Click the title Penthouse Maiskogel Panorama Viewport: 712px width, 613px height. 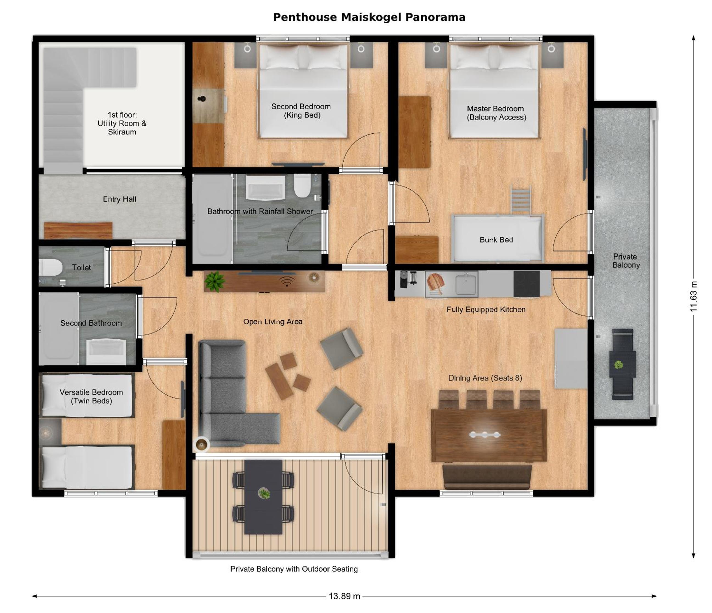[x=369, y=17]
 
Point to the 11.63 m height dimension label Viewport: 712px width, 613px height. [x=694, y=296]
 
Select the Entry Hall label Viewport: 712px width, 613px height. [x=119, y=199]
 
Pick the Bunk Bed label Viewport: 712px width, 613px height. [x=496, y=240]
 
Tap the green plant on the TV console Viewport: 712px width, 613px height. [x=215, y=282]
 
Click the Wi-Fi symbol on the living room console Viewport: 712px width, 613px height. [x=287, y=281]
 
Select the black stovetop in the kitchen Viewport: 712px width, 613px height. [x=526, y=284]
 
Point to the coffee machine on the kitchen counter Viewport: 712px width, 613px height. [x=408, y=279]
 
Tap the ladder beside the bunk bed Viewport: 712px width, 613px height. [x=521, y=200]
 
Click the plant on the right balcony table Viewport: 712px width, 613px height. [x=619, y=365]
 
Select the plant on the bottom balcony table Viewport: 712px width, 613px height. [x=264, y=494]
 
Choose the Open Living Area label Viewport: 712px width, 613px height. [x=273, y=322]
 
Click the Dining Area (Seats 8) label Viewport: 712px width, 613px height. [x=485, y=378]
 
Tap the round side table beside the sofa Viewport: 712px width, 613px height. [x=201, y=444]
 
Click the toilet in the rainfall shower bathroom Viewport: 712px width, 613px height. [x=302, y=186]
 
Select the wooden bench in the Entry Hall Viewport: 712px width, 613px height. [x=78, y=230]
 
